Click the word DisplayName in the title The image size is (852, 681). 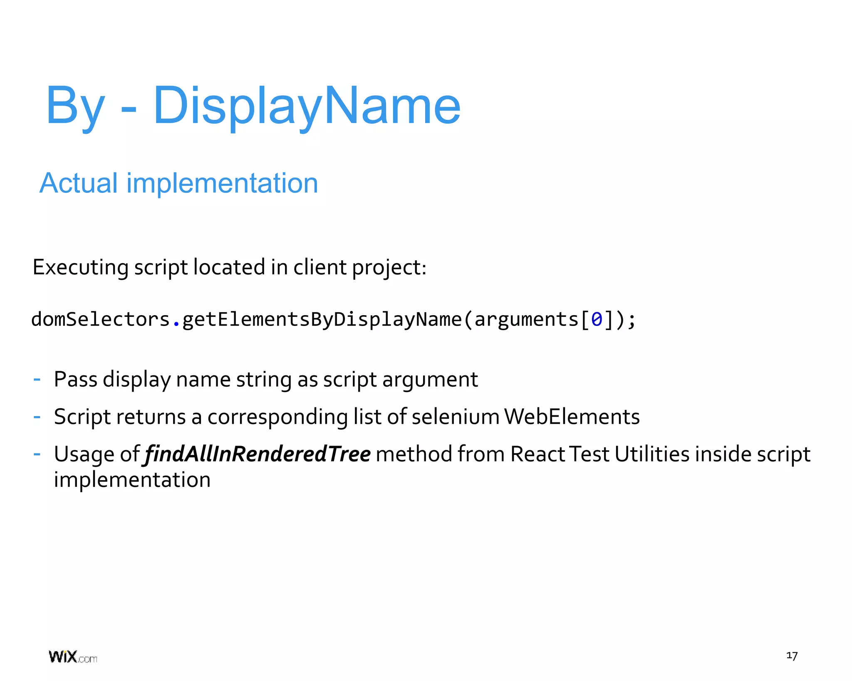click(x=307, y=106)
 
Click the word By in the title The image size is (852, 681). click(x=75, y=106)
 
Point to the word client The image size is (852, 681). click(x=320, y=267)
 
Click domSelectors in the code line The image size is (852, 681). click(x=100, y=320)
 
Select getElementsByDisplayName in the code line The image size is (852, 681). click(x=322, y=320)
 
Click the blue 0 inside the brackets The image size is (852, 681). click(x=597, y=320)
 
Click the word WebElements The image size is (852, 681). click(x=572, y=417)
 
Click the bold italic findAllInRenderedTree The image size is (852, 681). click(x=257, y=454)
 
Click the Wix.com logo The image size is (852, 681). click(x=73, y=657)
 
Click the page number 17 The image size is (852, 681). click(x=792, y=656)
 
